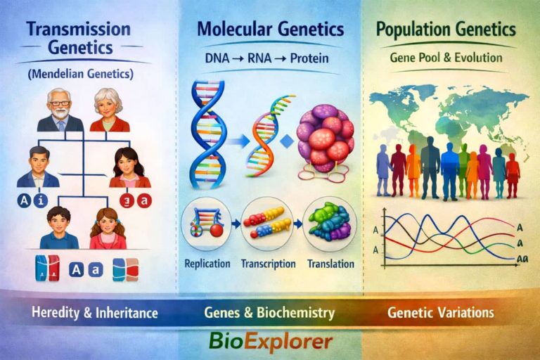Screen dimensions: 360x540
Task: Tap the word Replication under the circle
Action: pyautogui.click(x=207, y=264)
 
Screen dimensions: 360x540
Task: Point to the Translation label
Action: pyautogui.click(x=330, y=264)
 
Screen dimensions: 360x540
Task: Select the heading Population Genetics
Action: pyautogui.click(x=446, y=30)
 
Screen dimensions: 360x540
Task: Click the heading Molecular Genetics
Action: pyautogui.click(x=270, y=30)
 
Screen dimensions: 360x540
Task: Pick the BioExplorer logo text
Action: pyautogui.click(x=270, y=342)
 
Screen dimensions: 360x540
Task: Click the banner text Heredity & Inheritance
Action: pyautogui.click(x=94, y=311)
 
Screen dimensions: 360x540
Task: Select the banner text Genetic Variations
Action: pyautogui.click(x=440, y=311)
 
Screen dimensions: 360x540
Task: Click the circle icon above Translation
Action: pyautogui.click(x=330, y=223)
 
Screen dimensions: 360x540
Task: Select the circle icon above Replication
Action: pyautogui.click(x=206, y=224)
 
